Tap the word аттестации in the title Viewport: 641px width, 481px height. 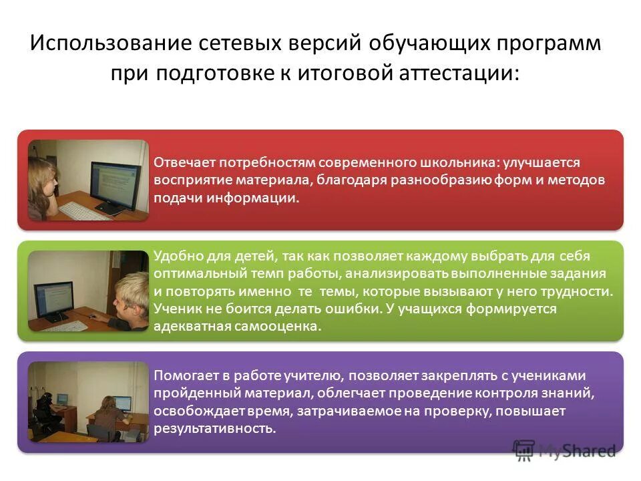pyautogui.click(x=456, y=72)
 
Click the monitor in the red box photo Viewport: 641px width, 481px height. pyautogui.click(x=115, y=178)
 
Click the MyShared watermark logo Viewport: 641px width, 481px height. pyautogui.click(x=564, y=450)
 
